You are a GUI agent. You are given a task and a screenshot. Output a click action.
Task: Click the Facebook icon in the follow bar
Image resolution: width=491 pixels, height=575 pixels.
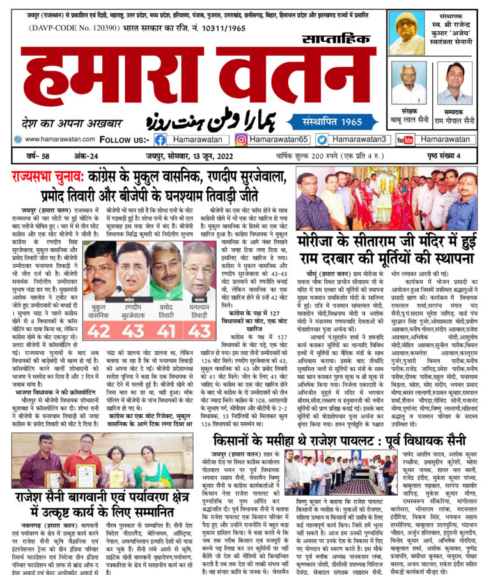tap(160, 139)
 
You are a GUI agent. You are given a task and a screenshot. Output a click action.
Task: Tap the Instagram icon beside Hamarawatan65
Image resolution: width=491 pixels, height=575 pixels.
tap(241, 139)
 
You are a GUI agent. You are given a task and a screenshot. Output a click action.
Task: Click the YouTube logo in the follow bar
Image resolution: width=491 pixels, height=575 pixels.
tap(405, 139)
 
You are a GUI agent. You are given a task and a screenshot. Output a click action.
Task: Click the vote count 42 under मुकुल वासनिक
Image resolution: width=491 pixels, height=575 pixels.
tap(100, 331)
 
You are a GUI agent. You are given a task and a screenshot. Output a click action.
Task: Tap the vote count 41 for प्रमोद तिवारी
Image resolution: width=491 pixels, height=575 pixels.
tap(167, 331)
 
